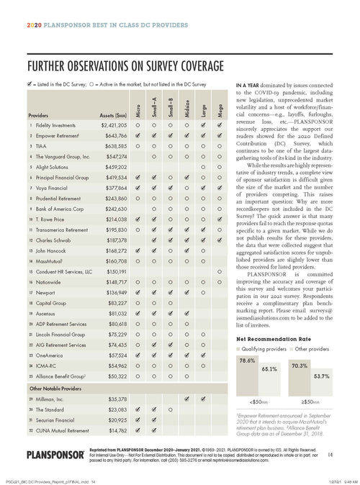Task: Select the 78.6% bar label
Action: click(x=247, y=360)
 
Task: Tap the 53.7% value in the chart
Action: click(x=321, y=376)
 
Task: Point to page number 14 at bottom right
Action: click(x=329, y=454)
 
